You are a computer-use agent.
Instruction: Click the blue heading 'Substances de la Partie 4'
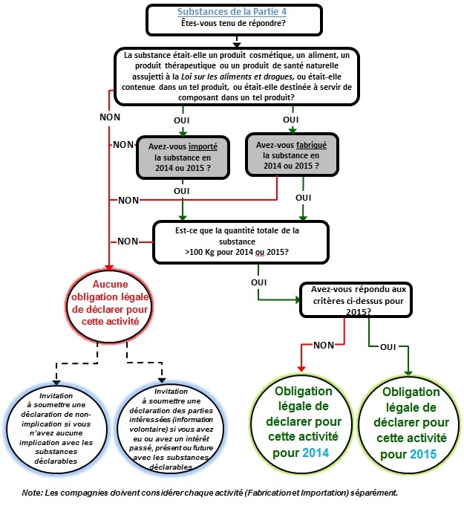click(x=234, y=11)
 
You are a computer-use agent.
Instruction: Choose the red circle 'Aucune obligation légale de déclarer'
click(x=110, y=306)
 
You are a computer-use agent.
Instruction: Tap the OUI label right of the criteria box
click(x=388, y=346)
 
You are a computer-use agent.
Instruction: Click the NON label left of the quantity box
click(x=128, y=241)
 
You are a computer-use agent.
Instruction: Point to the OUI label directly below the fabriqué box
click(x=303, y=198)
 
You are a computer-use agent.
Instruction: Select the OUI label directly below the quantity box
click(x=260, y=282)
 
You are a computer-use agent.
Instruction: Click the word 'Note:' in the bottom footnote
click(x=33, y=493)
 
